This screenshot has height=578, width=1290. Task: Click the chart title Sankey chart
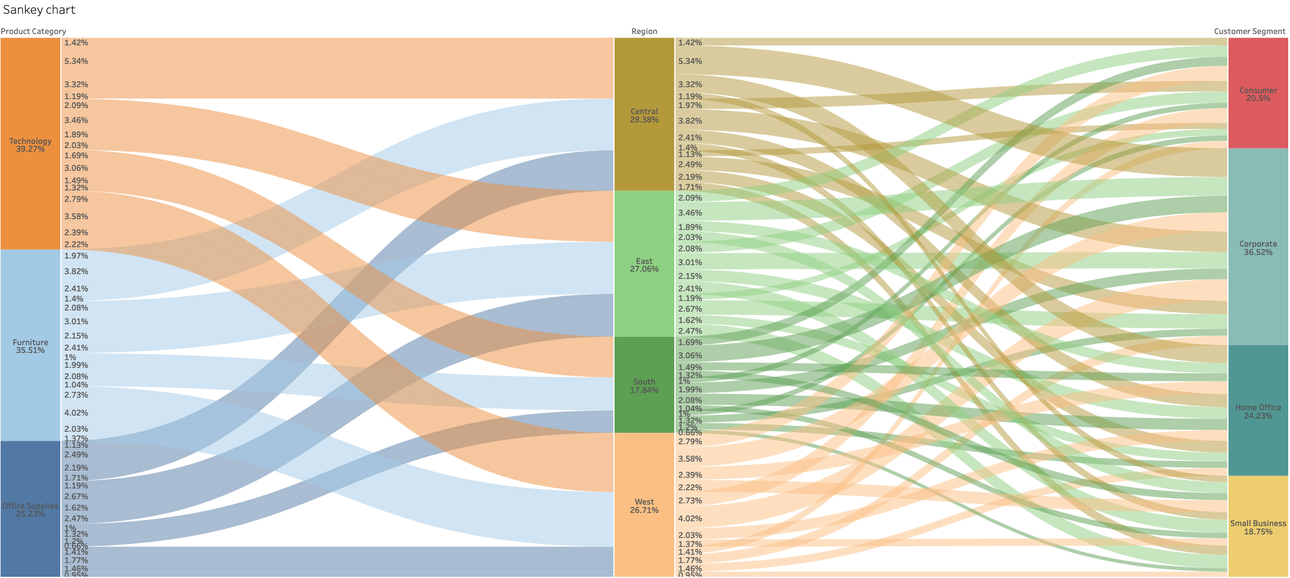39,10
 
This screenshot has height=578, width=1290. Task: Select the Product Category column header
33,32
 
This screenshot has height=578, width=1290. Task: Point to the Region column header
644,32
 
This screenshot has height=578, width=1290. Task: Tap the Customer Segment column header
1249,32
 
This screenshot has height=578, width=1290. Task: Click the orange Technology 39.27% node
30,144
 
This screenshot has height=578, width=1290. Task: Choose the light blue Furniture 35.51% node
30,346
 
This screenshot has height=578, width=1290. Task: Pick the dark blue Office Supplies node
30,509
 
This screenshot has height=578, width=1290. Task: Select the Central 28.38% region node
644,115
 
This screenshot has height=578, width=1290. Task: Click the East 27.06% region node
644,265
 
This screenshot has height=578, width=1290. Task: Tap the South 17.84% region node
644,385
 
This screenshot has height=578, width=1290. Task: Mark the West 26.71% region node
644,505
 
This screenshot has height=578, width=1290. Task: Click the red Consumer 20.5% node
1258,94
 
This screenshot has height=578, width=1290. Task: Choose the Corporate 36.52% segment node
1258,247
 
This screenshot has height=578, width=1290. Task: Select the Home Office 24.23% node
1258,411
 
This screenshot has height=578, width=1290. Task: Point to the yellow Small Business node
1258,527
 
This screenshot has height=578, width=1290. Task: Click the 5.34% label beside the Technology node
76,62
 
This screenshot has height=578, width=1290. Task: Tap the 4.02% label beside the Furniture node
76,413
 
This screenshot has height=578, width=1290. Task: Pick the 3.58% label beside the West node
690,459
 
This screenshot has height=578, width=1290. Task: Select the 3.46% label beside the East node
690,213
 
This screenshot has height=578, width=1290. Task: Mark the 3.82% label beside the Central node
690,121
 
